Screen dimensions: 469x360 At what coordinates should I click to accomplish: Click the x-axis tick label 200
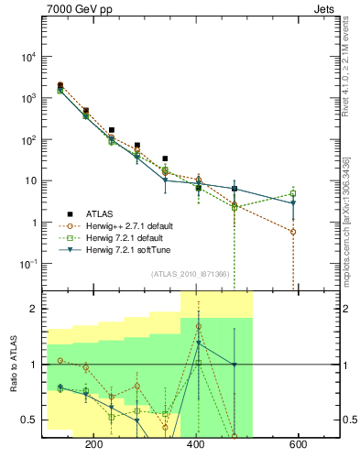[x=93, y=444]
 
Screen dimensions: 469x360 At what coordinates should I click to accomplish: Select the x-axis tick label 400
[x=196, y=444]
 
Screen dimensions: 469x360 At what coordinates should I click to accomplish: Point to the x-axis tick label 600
[x=298, y=444]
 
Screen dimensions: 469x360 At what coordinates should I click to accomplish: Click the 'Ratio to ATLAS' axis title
[x=13, y=364]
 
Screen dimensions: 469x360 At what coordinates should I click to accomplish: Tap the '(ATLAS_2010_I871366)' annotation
[x=190, y=274]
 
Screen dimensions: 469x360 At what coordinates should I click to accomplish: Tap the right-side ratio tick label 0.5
[x=349, y=420]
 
